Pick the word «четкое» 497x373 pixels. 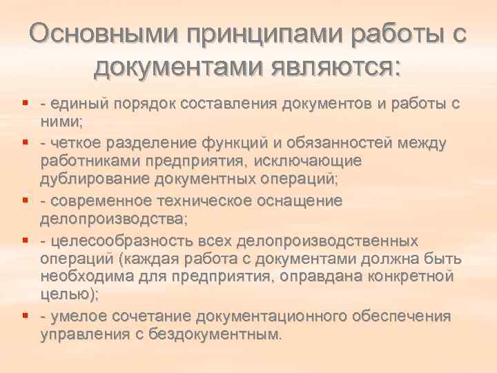pyautogui.click(x=75, y=143)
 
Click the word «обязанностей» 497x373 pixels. pyautogui.click(x=348, y=143)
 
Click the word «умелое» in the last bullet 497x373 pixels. pyautogui.click(x=77, y=316)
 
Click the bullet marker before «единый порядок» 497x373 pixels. pyautogui.click(x=25, y=104)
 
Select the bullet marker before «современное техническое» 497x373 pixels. pyautogui.click(x=25, y=201)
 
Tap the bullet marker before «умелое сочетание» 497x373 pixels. pyautogui.click(x=25, y=316)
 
